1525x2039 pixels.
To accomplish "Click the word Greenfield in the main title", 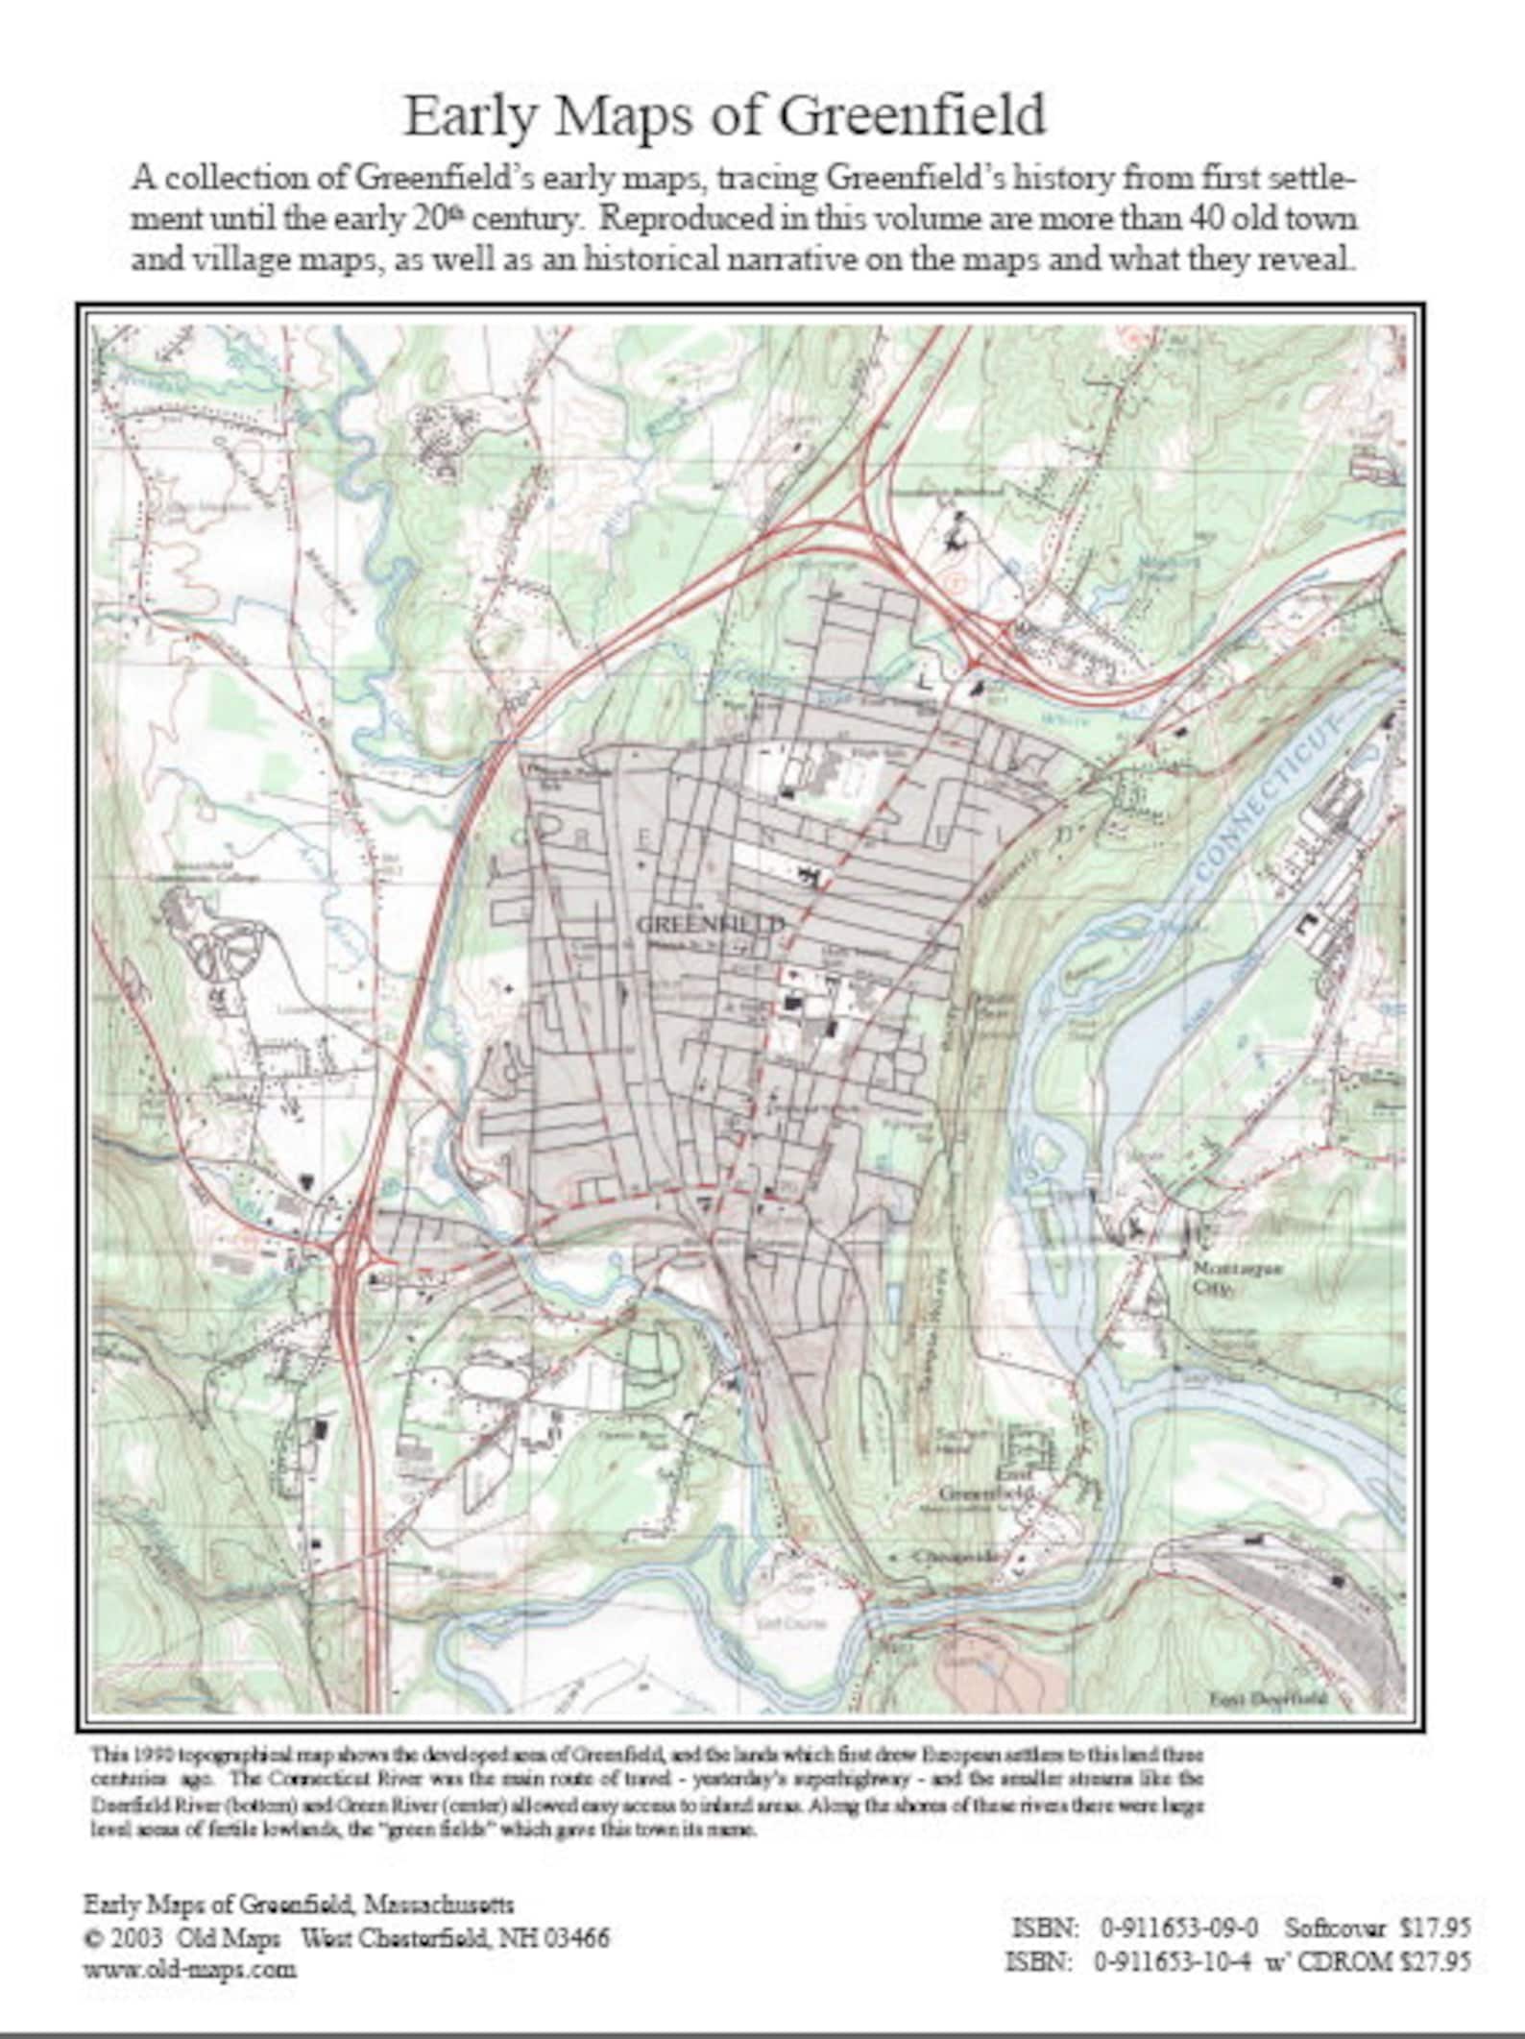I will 910,115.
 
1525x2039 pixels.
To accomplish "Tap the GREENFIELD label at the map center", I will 711,924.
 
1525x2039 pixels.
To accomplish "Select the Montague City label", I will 1222,1277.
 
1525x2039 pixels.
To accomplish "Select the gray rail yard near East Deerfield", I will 1316,1585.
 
